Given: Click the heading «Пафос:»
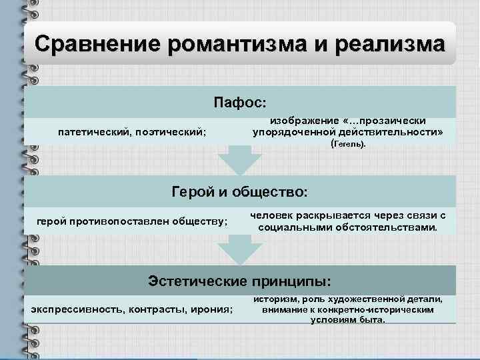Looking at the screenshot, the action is pos(240,103).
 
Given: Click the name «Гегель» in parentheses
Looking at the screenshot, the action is pos(349,145).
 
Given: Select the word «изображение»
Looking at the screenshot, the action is pos(301,121).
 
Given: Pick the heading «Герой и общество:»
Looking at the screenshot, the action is pos(240,193).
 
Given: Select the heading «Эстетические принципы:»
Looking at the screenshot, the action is pos(240,280).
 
